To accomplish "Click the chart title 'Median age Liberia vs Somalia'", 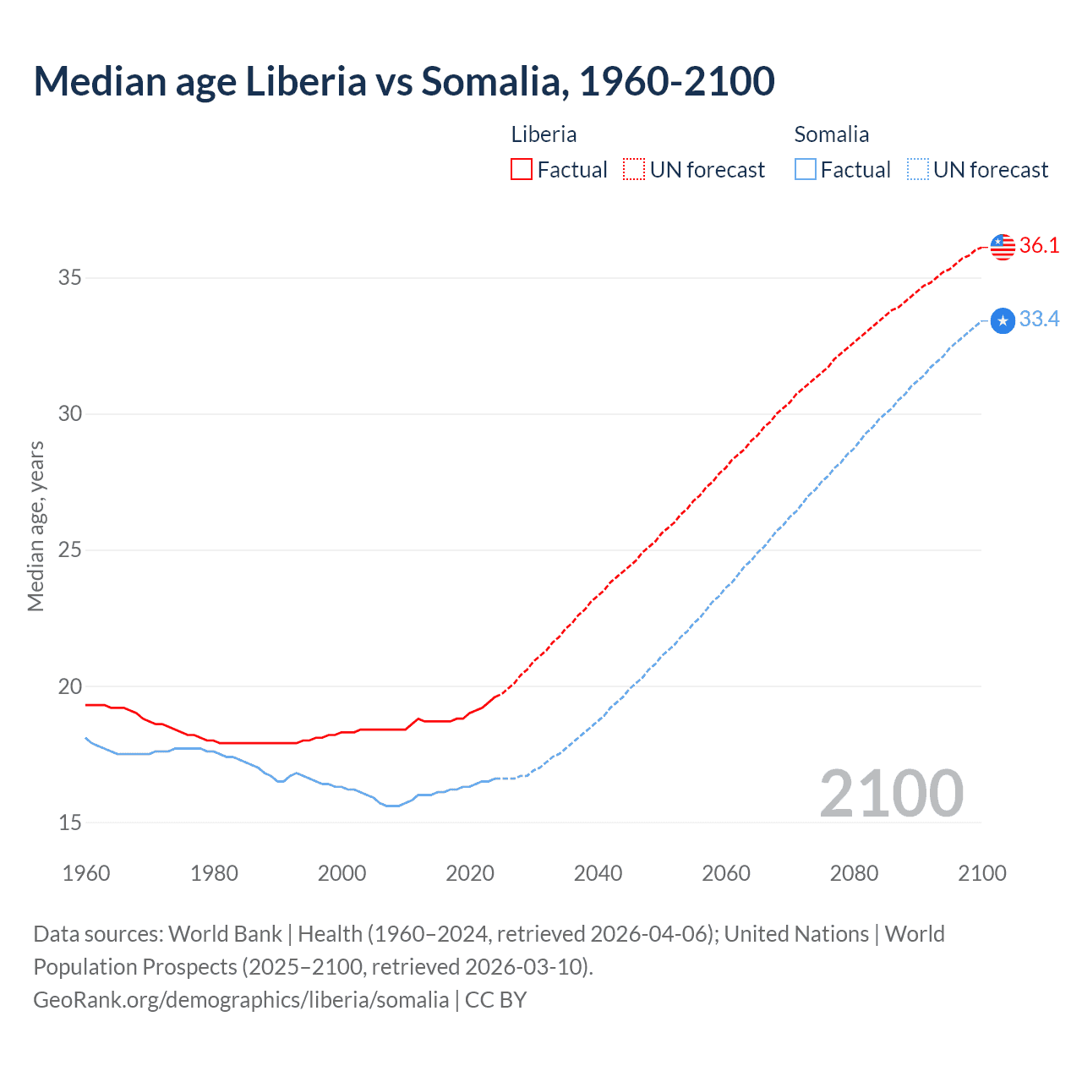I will tap(404, 82).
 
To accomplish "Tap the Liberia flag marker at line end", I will tap(1003, 246).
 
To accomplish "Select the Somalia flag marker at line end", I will tap(1003, 320).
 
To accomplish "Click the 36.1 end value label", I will tap(1039, 246).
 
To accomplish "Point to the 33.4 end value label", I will tap(1039, 320).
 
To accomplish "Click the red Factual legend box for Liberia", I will tap(522, 170).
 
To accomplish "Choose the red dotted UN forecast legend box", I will tap(634, 170).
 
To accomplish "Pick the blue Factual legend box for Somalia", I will tap(806, 170).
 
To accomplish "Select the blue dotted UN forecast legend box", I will tap(918, 170).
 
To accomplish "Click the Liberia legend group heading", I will tap(544, 134).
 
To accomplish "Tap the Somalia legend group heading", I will tap(831, 134).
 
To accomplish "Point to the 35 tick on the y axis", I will tap(70, 277).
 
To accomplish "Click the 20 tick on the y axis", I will tap(70, 686).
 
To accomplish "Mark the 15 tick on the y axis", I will tap(70, 822).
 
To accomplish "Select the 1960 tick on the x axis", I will tap(86, 873).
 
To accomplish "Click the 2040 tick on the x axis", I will tap(598, 873).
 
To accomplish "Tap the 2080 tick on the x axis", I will tap(854, 873).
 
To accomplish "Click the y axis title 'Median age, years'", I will tap(36, 526).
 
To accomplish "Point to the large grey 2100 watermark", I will tap(891, 793).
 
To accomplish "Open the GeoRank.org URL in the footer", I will tap(241, 1000).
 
